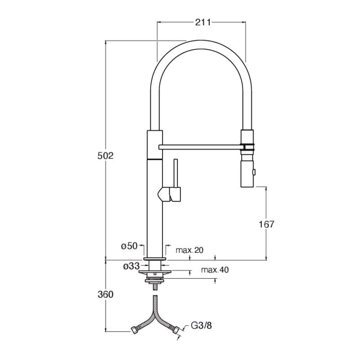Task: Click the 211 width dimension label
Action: tap(203, 22)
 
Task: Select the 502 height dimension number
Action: tap(105, 156)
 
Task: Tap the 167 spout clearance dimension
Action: tap(266, 224)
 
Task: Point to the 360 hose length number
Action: tap(105, 294)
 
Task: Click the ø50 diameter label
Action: tap(129, 246)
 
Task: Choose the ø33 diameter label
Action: tap(131, 266)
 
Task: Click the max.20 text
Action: tap(189, 250)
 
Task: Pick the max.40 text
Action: tap(215, 270)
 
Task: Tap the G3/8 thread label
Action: tap(201, 325)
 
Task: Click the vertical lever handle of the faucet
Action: tap(176, 173)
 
